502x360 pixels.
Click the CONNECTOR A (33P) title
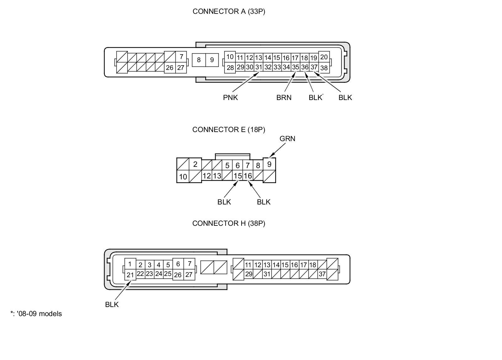coord(229,12)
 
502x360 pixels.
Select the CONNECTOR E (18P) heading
coord(229,130)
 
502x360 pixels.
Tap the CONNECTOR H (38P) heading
coord(229,224)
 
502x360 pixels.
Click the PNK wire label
coord(230,98)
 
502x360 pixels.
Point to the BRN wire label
coord(284,98)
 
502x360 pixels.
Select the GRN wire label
coord(287,139)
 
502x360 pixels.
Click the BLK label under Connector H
coord(112,304)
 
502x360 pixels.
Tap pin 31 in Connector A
coord(259,67)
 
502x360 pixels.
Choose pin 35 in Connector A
coord(296,67)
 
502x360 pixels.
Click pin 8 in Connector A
coord(199,60)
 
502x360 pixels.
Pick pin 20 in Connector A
coord(324,57)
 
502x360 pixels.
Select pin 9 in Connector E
coord(269,164)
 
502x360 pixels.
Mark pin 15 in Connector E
coord(238,176)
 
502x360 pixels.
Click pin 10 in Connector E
coord(183,177)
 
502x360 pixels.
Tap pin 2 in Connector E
coord(195,164)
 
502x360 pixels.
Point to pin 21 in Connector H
coord(130,275)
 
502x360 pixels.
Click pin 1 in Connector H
coord(130,264)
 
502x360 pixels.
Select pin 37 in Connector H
coord(322,274)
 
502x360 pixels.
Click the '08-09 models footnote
coord(36,314)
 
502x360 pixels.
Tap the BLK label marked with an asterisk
coord(315,98)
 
